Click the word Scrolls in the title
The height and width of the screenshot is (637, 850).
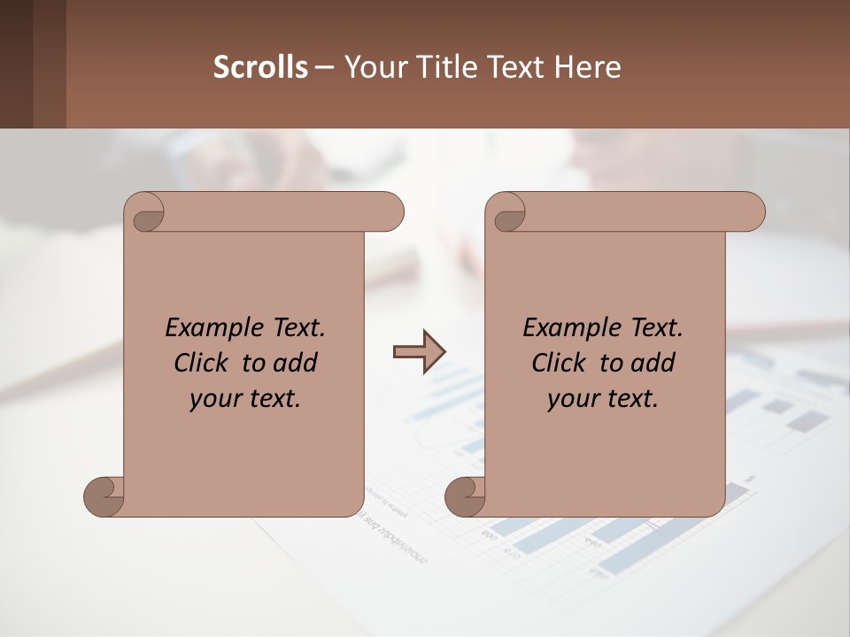[260, 66]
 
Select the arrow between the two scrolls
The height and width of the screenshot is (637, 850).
[419, 352]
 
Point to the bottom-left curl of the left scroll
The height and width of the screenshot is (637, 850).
[104, 496]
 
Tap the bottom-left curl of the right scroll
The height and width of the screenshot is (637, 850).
[466, 496]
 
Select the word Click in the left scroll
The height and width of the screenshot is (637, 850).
[202, 363]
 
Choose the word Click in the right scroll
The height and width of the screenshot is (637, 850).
[560, 363]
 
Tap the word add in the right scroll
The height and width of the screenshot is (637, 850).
[653, 363]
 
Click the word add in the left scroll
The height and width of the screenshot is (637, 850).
[296, 363]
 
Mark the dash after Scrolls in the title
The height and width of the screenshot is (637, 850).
[324, 67]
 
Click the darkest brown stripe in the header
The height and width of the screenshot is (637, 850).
[16, 64]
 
